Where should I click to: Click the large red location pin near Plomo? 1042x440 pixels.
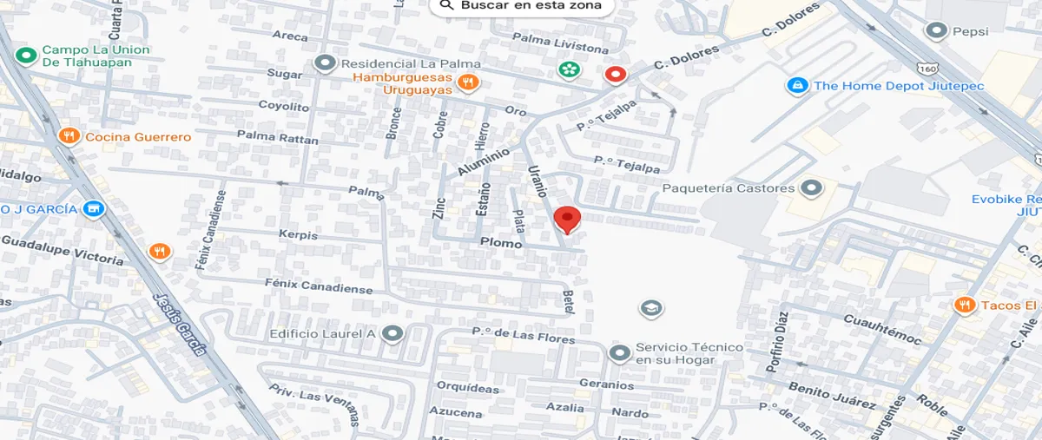point(567,219)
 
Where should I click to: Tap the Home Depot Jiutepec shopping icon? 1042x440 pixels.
point(796,86)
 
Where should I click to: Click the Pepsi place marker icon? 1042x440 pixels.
point(936,32)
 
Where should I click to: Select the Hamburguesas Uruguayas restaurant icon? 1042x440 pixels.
point(469,82)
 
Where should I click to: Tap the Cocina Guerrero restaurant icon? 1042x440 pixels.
point(68,136)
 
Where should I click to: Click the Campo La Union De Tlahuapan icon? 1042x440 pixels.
point(25,56)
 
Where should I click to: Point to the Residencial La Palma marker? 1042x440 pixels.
point(326,63)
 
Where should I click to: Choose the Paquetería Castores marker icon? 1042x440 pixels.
point(811,187)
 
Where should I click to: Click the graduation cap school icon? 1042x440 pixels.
point(650,307)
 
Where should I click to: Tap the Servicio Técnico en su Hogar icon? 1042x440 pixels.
point(619,353)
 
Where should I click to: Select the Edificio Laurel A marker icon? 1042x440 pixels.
point(392,333)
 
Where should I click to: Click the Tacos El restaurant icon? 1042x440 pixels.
point(963,305)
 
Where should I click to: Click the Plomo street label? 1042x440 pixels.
point(499,244)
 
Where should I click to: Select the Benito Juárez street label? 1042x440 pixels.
point(831,395)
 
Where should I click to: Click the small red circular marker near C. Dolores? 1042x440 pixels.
point(616,75)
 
